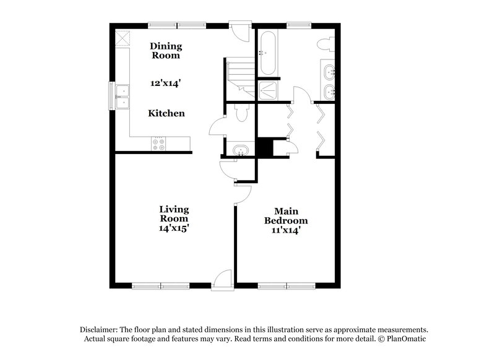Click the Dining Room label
pyautogui.click(x=166, y=50)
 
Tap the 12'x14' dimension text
pyautogui.click(x=166, y=82)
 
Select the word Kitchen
pyautogui.click(x=166, y=114)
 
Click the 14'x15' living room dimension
pyautogui.click(x=173, y=228)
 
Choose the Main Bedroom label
pyautogui.click(x=286, y=216)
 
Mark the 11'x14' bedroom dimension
pyautogui.click(x=286, y=231)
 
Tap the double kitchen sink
pyautogui.click(x=123, y=96)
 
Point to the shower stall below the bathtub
pyautogui.click(x=269, y=90)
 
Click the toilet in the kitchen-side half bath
pyautogui.click(x=241, y=113)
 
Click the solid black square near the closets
pyautogui.click(x=265, y=148)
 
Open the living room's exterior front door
pyautogui.click(x=221, y=279)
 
